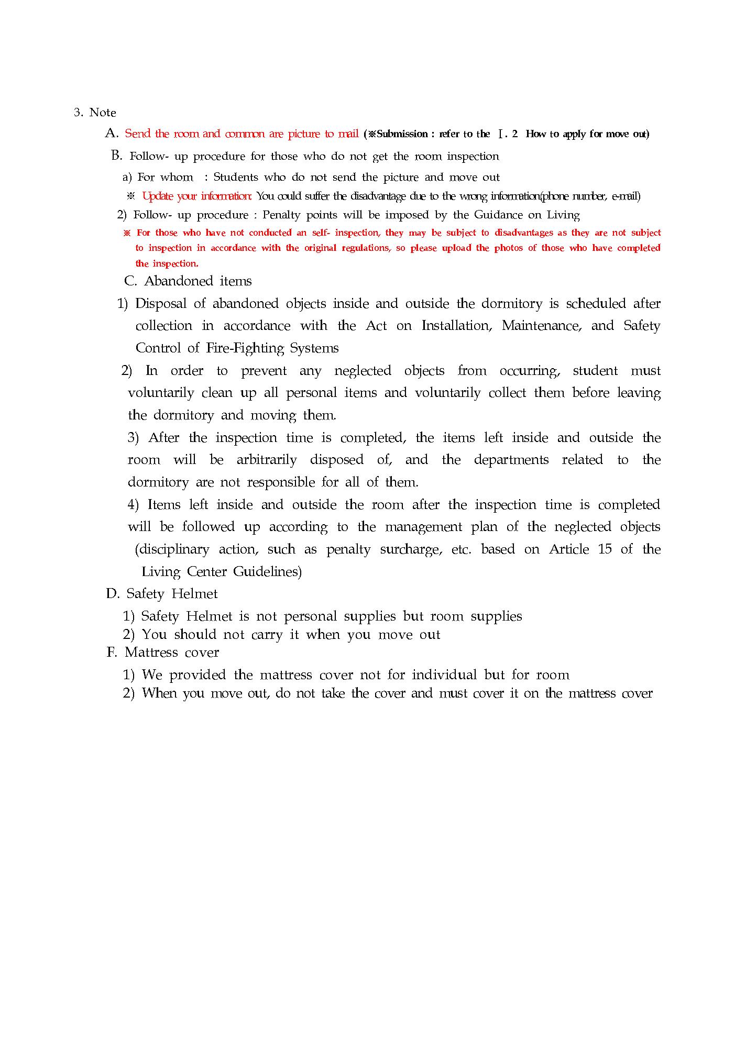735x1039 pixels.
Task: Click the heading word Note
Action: click(103, 113)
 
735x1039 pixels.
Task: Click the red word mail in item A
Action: click(348, 134)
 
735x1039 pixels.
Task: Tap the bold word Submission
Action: click(402, 134)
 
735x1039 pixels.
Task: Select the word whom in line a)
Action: click(177, 178)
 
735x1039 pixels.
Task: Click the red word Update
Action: click(156, 196)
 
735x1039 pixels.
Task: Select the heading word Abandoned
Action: click(179, 281)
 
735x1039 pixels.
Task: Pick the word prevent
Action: click(264, 371)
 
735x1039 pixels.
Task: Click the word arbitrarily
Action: click(267, 460)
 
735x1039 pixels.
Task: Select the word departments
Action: click(511, 460)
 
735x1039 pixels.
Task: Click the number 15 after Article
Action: click(605, 549)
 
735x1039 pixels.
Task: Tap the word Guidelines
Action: click(267, 571)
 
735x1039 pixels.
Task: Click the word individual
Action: click(444, 675)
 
